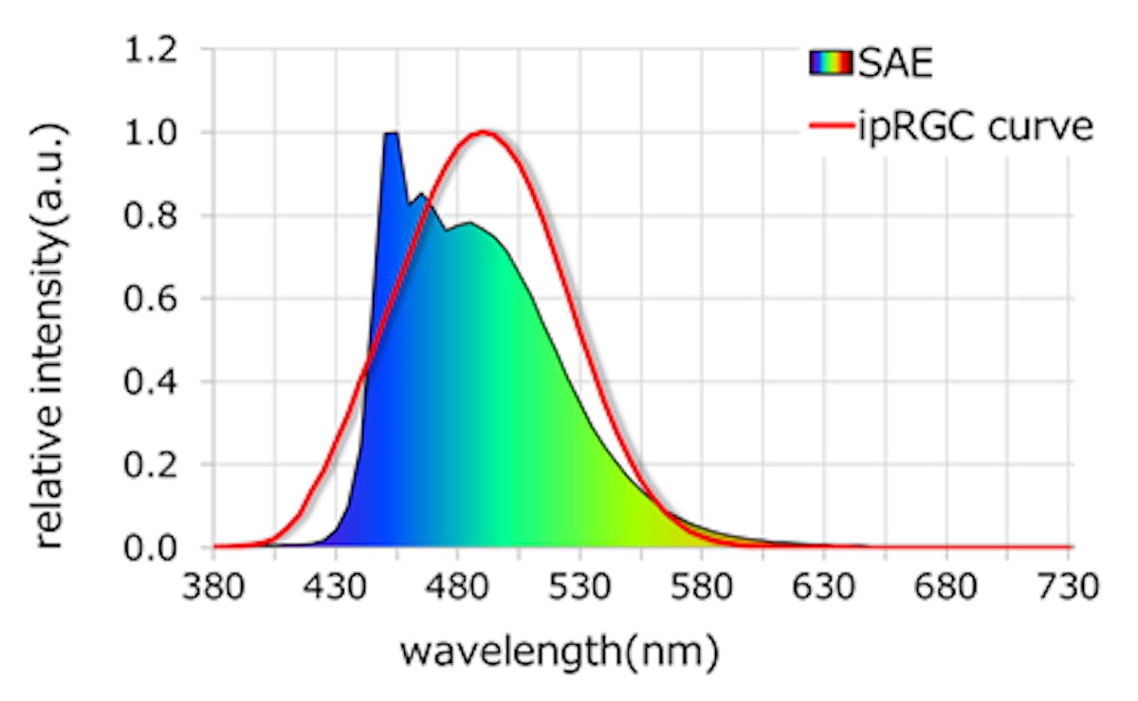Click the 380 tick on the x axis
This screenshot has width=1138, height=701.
tap(214, 586)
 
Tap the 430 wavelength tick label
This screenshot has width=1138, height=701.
tap(336, 586)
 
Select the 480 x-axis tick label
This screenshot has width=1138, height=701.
tap(458, 586)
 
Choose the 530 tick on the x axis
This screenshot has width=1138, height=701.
tap(580, 586)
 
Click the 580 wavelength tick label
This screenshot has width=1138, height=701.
tap(703, 586)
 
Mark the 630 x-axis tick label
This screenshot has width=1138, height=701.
tap(825, 586)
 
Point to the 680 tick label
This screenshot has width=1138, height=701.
tap(947, 586)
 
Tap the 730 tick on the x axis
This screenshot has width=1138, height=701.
tap(1069, 586)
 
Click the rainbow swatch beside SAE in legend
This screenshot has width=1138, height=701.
tap(832, 65)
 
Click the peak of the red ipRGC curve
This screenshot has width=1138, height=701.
tap(484, 132)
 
